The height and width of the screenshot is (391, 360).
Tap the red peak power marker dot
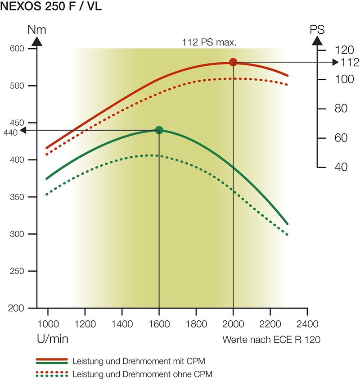coord(233,62)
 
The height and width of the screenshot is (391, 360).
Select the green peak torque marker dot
coord(159,130)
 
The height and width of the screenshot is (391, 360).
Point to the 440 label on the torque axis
coord(10,132)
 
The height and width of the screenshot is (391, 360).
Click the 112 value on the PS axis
coord(350,62)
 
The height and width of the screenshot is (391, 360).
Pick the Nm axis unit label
coord(37,30)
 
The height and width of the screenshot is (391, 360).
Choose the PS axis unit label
coord(317,30)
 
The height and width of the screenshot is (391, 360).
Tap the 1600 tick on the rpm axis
coord(159,323)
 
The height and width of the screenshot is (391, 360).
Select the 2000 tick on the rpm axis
coord(233,323)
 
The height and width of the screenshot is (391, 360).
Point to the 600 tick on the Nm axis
coord(17,48)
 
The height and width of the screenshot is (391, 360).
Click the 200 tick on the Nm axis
coord(17,308)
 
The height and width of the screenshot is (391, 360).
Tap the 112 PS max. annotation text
coord(209,43)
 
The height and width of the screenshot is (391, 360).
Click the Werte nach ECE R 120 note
coord(271,340)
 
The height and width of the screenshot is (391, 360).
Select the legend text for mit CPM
coord(143,361)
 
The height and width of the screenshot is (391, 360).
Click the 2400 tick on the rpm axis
coord(307,323)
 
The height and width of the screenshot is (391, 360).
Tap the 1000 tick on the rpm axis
coord(48,323)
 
